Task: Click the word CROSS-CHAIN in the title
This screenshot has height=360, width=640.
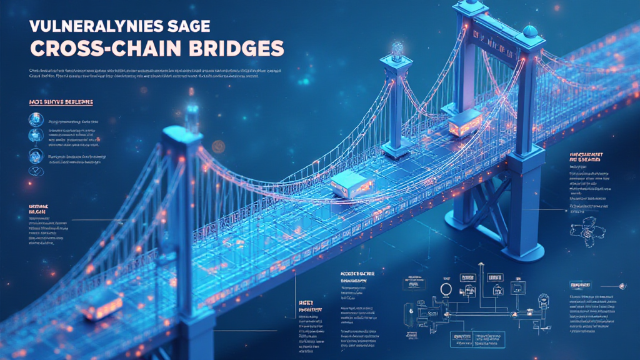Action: (94, 49)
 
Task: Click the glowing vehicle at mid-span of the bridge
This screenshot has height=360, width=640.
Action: (351, 184)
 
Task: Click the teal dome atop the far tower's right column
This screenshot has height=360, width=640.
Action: (529, 31)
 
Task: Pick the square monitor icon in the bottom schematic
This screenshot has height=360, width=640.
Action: (518, 287)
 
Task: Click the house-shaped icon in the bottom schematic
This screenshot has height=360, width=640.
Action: (497, 289)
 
